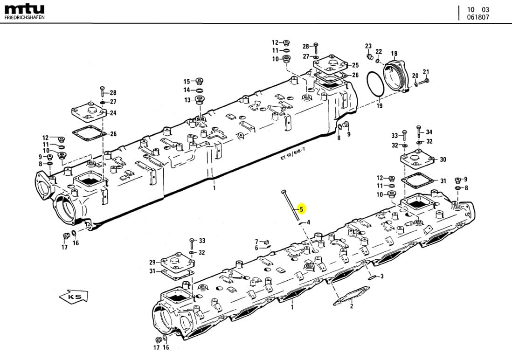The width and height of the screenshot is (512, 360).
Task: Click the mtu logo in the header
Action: [24, 8]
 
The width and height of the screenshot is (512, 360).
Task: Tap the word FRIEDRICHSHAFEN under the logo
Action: [25, 17]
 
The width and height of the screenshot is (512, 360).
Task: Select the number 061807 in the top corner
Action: [478, 17]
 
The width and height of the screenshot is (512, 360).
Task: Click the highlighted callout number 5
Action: [301, 209]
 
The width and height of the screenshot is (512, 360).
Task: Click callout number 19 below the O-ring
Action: [379, 106]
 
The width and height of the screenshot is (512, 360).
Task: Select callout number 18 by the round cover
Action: [394, 54]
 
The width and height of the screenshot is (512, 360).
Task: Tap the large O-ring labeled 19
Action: [374, 86]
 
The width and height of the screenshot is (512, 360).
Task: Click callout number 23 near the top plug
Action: [368, 46]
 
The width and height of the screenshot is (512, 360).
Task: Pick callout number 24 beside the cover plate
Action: [113, 113]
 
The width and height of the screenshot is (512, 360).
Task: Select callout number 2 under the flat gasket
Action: [352, 306]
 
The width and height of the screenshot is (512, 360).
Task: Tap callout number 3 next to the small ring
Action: [381, 277]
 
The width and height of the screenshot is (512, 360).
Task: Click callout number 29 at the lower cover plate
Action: [152, 262]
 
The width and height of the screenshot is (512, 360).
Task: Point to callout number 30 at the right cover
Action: [443, 159]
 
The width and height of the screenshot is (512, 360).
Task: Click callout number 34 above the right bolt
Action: [429, 132]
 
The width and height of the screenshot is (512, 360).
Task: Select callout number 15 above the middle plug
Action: [187, 81]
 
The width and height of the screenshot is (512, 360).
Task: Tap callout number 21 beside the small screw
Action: [426, 71]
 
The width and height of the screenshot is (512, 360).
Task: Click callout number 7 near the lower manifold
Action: [256, 241]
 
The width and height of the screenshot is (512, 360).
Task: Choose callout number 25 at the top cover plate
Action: [355, 65]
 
